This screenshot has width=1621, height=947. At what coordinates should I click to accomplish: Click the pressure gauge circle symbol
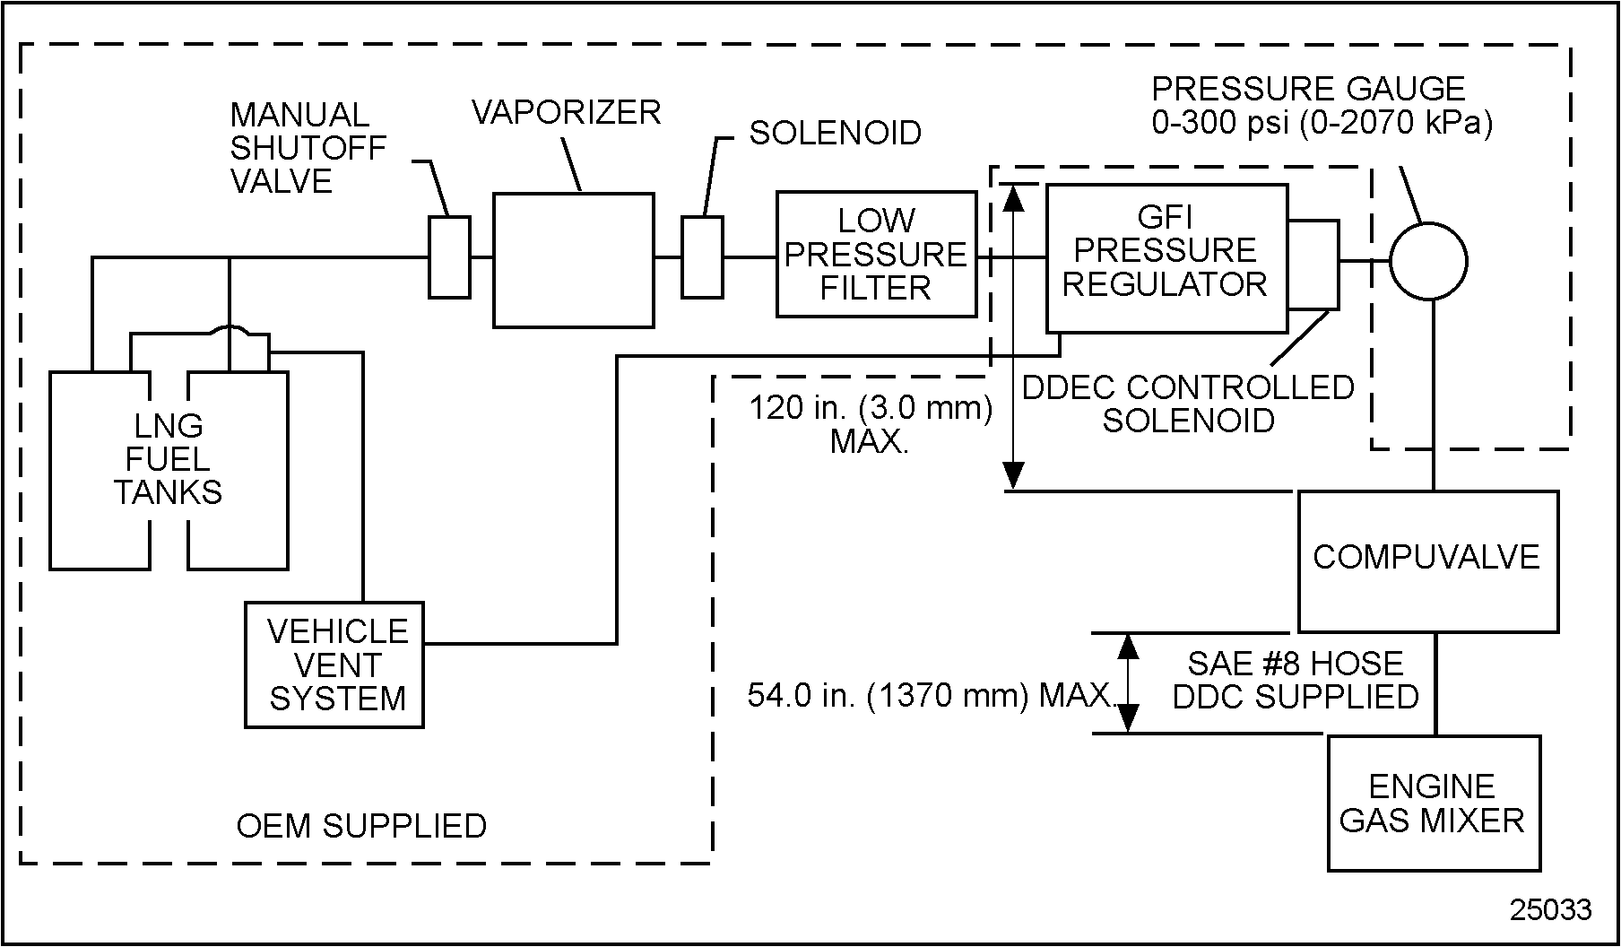(1428, 262)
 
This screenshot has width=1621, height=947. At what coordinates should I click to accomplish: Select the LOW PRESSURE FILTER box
(876, 254)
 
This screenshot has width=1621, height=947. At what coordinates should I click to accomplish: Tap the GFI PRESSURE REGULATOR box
(1166, 258)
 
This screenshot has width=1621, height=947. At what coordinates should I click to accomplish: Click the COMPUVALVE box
(1428, 560)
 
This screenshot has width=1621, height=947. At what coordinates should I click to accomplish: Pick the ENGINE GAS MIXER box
(1433, 803)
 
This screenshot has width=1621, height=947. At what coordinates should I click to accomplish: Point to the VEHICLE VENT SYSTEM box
(334, 665)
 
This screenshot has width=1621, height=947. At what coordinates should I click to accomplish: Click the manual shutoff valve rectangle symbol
(449, 256)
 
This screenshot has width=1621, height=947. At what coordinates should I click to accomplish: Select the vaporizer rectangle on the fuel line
(573, 260)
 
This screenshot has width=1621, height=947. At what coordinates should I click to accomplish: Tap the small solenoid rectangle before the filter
(702, 256)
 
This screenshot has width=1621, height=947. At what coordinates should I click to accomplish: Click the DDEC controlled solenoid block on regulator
(1313, 264)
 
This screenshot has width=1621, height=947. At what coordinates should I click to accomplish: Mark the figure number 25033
(1550, 909)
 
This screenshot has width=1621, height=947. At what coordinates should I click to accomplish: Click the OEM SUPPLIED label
(361, 826)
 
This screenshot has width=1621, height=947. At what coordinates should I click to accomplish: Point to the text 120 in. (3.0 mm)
(871, 408)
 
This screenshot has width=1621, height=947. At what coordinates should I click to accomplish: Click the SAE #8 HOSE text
(1296, 663)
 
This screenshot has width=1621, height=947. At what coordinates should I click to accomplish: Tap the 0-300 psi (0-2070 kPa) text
(1322, 123)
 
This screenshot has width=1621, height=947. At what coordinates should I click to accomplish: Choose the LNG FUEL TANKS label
(169, 458)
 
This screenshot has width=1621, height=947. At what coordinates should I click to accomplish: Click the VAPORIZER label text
(566, 112)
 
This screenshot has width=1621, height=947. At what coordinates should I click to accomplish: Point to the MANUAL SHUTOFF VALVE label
(308, 148)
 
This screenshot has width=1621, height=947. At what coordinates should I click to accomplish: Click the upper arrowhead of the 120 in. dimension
(1013, 197)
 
